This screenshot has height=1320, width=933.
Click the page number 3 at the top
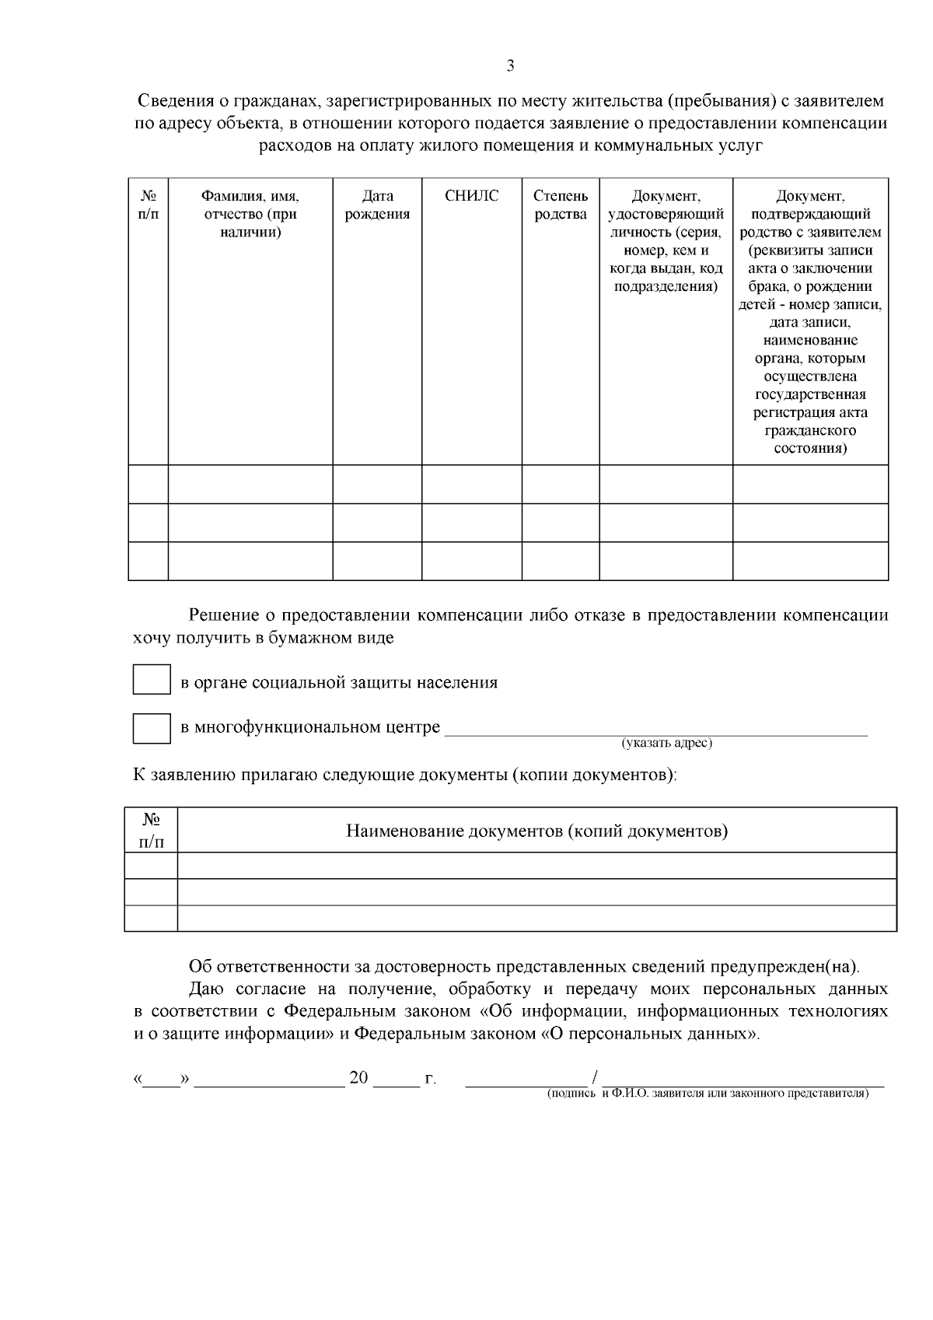tap(510, 66)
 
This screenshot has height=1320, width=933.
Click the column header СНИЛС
tap(471, 196)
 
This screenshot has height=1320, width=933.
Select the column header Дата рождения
tap(377, 205)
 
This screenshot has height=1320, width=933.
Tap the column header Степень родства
tap(561, 205)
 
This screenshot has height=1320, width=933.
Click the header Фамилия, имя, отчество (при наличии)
tap(250, 214)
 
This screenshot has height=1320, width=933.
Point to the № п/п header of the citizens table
tap(148, 205)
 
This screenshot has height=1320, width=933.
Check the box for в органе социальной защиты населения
tap(152, 679)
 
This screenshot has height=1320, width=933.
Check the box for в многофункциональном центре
tap(152, 728)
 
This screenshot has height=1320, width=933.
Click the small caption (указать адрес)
tap(666, 744)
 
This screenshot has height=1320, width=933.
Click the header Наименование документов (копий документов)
tap(536, 831)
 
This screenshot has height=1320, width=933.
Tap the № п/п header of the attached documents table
tap(151, 831)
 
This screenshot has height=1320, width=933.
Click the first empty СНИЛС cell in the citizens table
tap(471, 484)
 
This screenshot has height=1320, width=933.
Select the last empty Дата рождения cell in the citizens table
tap(377, 561)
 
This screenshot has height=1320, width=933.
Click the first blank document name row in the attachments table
tap(536, 866)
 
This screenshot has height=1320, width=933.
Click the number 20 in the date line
tap(358, 1078)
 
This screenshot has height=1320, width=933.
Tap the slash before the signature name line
tap(594, 1078)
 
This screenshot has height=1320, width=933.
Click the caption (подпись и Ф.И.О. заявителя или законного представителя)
tap(707, 1093)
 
